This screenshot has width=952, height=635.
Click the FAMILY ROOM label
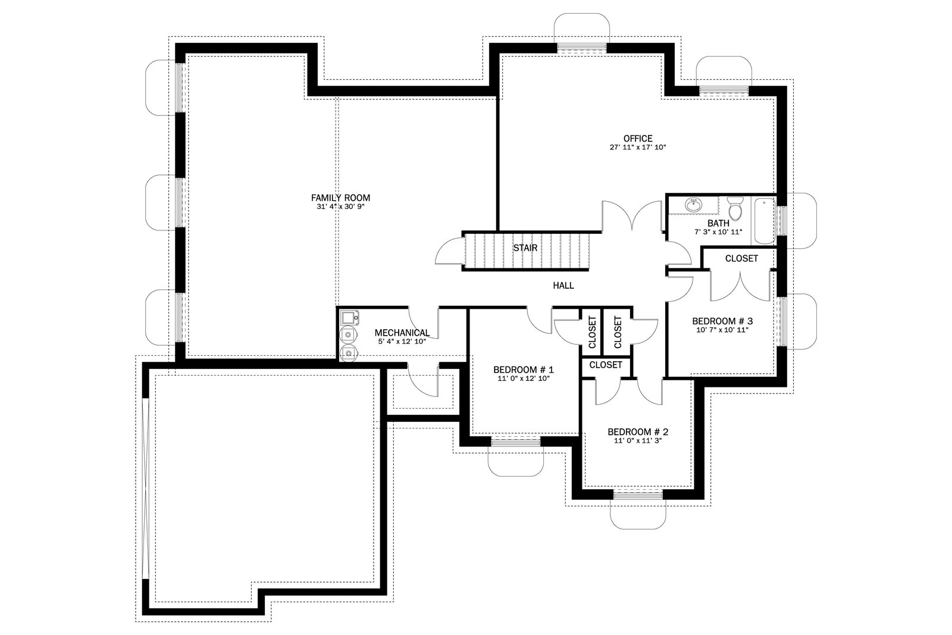point(340,198)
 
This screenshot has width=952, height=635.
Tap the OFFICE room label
point(638,139)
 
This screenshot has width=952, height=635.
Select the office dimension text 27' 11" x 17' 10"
point(638,148)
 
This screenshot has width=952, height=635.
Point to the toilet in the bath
point(735,208)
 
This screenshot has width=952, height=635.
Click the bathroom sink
point(694,205)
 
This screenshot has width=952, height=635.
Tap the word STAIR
point(525,248)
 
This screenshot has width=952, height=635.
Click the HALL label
point(563,286)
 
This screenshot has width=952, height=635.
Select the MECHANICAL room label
point(402,333)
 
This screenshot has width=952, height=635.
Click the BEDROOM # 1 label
point(524,370)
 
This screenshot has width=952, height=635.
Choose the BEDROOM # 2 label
point(638,432)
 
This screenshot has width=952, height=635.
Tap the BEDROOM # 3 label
point(722,321)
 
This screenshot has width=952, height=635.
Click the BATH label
point(719,223)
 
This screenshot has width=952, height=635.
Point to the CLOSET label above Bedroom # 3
point(741,258)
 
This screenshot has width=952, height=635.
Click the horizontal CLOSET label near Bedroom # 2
point(606,365)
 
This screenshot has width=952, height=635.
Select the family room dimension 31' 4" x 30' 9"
point(340,207)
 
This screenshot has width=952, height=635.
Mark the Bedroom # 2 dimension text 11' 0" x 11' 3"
point(638,441)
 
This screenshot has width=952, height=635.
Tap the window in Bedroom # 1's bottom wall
point(515,442)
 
